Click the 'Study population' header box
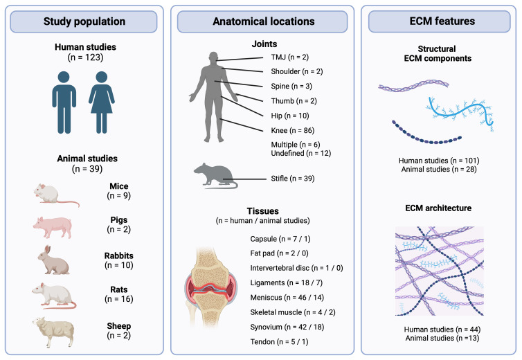84,21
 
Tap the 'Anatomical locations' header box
260,21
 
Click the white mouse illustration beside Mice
55,193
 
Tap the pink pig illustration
54,225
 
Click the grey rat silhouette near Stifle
214,176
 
